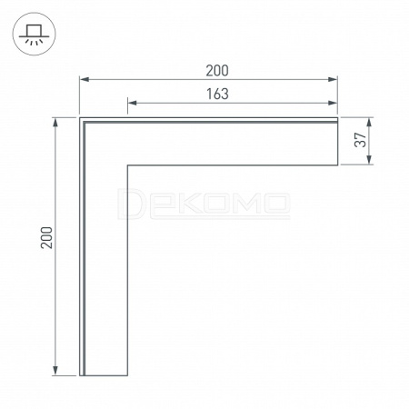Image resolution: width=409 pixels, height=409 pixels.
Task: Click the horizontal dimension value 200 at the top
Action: coord(217,71)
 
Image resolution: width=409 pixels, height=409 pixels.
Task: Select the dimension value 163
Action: coord(217,95)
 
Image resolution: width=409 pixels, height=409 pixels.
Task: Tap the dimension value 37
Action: coord(360,140)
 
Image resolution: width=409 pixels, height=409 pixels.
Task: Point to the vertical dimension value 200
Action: coord(46,237)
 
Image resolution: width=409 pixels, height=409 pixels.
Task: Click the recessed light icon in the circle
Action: coord(34,35)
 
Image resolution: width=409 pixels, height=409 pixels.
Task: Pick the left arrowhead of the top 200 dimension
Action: coord(85,79)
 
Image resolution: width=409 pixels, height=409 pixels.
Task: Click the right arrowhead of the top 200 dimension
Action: coord(333,79)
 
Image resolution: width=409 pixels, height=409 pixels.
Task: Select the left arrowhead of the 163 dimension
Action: coord(133,103)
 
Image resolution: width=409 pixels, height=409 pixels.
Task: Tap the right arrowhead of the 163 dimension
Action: coord(333,103)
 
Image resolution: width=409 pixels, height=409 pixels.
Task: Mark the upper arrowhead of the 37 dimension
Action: coord(369,122)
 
